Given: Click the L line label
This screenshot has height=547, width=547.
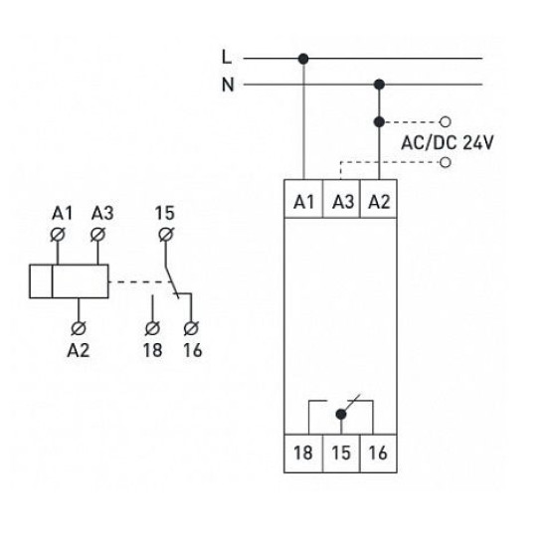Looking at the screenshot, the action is click(x=227, y=57).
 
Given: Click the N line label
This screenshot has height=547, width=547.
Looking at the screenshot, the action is click(x=228, y=85).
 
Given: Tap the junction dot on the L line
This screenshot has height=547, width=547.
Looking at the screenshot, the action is click(x=303, y=59).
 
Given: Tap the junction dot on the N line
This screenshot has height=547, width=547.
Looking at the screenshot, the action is click(x=379, y=85).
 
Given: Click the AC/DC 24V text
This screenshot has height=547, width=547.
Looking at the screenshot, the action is click(x=448, y=142).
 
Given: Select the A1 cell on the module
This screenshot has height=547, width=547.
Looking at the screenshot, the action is click(x=303, y=199).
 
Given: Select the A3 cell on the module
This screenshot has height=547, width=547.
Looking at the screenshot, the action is click(x=341, y=199).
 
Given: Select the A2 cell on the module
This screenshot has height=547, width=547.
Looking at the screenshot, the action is click(x=379, y=199).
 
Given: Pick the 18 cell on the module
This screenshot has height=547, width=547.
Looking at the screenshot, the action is click(x=303, y=454).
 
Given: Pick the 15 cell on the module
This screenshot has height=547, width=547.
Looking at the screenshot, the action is click(x=341, y=454).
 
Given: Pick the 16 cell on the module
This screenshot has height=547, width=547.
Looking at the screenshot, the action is click(x=379, y=454).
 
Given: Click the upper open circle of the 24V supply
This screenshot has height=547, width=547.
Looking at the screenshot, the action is click(x=446, y=122).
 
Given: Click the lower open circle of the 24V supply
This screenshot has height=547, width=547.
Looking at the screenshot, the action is click(x=446, y=162).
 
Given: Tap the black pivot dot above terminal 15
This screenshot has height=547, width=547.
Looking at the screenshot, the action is click(x=341, y=415).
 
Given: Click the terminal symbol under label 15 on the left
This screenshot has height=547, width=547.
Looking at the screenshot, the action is click(x=166, y=234).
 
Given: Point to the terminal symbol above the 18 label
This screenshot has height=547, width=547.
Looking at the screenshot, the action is click(x=152, y=328).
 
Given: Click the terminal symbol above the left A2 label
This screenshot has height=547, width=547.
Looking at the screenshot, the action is click(x=79, y=328).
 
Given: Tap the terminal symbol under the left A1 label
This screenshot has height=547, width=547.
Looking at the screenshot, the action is click(x=58, y=234).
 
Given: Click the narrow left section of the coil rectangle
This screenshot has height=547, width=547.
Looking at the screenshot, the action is click(x=41, y=281).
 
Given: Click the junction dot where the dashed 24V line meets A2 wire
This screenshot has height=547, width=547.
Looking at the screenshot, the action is click(x=379, y=122).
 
